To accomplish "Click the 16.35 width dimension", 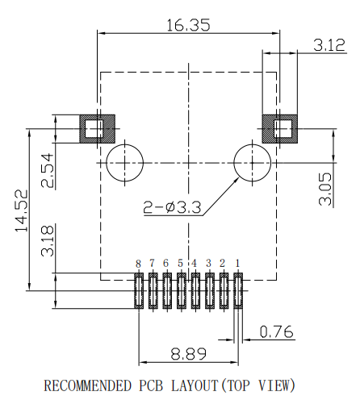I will click(x=188, y=25).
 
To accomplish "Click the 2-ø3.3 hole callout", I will click(x=174, y=207).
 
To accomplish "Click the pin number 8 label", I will click(x=138, y=264).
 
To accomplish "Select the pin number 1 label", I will click(x=237, y=264).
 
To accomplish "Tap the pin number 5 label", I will click(x=181, y=264).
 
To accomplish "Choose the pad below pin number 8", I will click(x=138, y=291).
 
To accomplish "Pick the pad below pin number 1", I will click(x=237, y=291).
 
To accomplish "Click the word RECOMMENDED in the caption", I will click(x=88, y=385).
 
